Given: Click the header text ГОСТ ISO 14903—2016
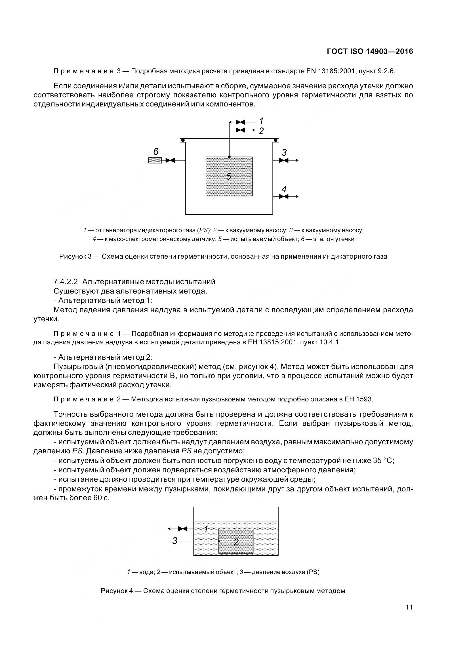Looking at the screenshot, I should pyautogui.click(x=370, y=51).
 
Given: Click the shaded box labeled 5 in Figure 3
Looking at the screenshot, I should pyautogui.click(x=229, y=176).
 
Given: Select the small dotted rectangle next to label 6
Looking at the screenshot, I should pyautogui.click(x=155, y=160).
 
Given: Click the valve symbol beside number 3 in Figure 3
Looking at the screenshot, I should pyautogui.click(x=284, y=160).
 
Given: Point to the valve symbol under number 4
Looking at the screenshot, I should pyautogui.click(x=284, y=196).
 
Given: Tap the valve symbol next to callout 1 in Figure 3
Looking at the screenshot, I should pyautogui.click(x=240, y=122).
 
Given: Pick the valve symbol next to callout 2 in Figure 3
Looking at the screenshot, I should pyautogui.click(x=240, y=130).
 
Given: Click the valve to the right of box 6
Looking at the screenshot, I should pyautogui.click(x=170, y=160).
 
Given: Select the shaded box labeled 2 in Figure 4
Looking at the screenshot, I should pyautogui.click(x=236, y=541).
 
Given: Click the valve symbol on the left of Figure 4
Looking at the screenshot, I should pyautogui.click(x=183, y=529).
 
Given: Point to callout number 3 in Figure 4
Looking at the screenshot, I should pyautogui.click(x=175, y=541).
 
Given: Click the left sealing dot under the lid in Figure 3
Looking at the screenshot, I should pyautogui.click(x=183, y=141).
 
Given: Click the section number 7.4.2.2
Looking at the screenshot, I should pyautogui.click(x=66, y=282).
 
